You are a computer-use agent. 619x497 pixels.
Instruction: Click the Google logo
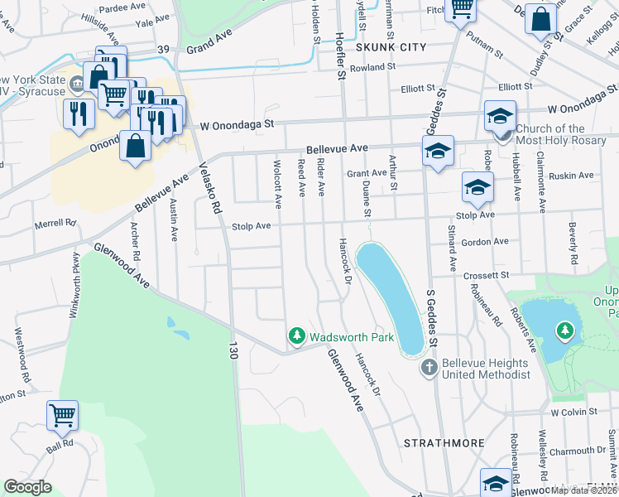click(27, 487)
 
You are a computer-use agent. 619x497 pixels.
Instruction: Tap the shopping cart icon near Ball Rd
click(62, 416)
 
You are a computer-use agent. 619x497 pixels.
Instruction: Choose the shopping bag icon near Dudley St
click(540, 20)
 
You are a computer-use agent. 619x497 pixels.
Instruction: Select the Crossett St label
click(486, 275)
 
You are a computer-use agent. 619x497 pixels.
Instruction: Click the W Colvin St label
click(573, 412)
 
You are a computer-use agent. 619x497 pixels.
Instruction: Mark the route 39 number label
click(163, 50)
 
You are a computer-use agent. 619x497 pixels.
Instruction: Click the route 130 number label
click(233, 352)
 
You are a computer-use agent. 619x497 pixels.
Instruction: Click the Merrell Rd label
click(55, 224)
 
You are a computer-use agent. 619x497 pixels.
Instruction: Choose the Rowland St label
click(367, 67)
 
